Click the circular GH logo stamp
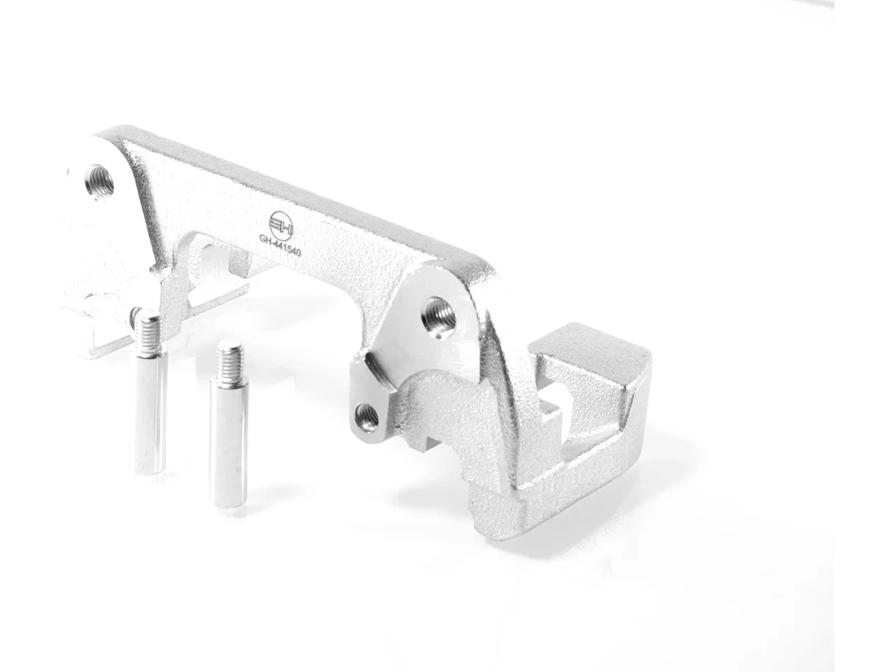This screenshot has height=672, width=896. coord(281,225)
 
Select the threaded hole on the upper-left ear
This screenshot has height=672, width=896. coord(99,182)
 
